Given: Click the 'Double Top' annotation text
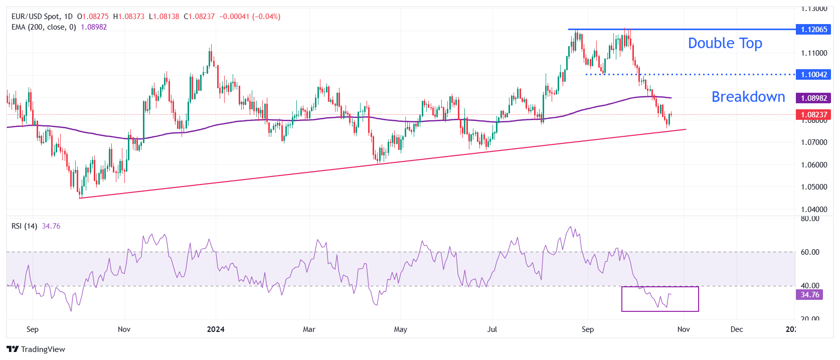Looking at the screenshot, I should click(725, 44).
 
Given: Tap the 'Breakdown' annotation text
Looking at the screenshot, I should click(748, 97).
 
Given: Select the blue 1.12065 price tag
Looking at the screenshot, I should click(814, 30).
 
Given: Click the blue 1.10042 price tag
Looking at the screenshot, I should click(814, 75).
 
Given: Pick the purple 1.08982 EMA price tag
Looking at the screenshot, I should click(814, 98).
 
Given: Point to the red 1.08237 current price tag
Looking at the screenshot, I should click(814, 115).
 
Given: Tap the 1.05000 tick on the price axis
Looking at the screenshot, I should click(814, 187).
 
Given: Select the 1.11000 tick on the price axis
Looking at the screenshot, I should click(814, 53).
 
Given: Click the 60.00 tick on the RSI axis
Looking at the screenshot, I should click(810, 252).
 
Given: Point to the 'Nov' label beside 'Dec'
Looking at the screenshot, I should click(684, 329).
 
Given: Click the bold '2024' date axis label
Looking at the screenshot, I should click(216, 329).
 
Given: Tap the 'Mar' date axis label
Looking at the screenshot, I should click(309, 329).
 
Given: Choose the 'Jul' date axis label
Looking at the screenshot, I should click(492, 329).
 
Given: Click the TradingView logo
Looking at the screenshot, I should click(36, 349).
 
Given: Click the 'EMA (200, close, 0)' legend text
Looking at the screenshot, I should click(44, 27).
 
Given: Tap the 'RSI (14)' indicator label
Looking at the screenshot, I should click(24, 226).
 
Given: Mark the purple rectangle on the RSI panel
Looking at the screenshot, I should click(660, 310).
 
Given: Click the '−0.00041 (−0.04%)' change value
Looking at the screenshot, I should click(250, 17).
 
